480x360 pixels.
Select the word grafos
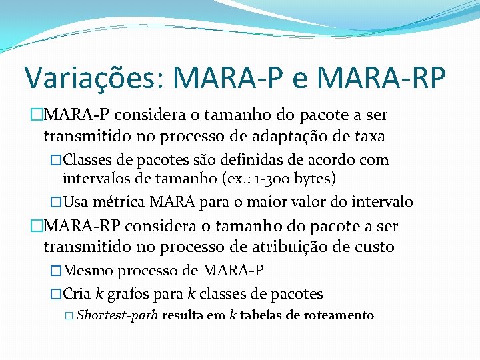pyautogui.click(x=141, y=293)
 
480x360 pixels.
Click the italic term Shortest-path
pyautogui.click(x=117, y=315)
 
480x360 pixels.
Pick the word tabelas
pyautogui.click(x=259, y=315)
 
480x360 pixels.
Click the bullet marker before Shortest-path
pyautogui.click(x=69, y=316)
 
